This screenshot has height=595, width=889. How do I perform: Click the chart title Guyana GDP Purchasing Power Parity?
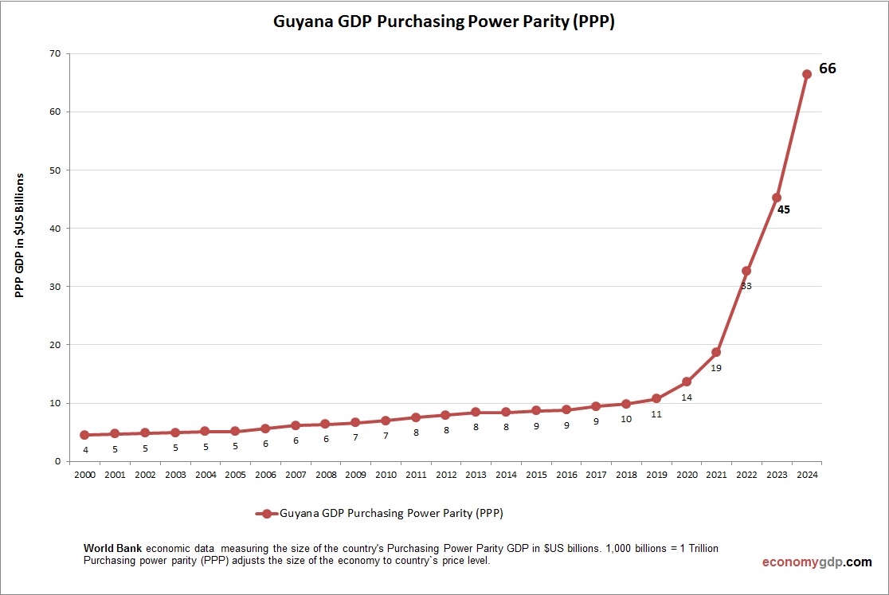pyautogui.click(x=444, y=22)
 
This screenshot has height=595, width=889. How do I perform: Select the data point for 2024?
pyautogui.click(x=806, y=74)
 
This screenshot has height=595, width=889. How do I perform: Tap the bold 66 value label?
pyautogui.click(x=828, y=69)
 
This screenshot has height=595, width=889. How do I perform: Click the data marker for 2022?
pyautogui.click(x=746, y=271)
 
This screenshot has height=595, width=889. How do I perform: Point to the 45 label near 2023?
pyautogui.click(x=783, y=210)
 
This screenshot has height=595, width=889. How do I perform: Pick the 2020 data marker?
pyautogui.click(x=686, y=382)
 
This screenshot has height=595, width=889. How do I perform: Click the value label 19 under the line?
pyautogui.click(x=716, y=368)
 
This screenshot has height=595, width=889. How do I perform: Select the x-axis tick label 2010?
pyautogui.click(x=386, y=475)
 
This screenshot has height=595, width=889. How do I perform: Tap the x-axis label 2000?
pyautogui.click(x=84, y=475)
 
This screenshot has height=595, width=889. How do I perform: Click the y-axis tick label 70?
pyautogui.click(x=56, y=53)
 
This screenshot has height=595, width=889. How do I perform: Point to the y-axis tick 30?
pyautogui.click(x=56, y=287)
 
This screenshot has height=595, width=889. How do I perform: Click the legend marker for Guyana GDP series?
pyautogui.click(x=267, y=513)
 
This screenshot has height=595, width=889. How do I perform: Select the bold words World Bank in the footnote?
pyautogui.click(x=112, y=549)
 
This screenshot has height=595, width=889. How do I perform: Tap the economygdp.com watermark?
pyautogui.click(x=817, y=562)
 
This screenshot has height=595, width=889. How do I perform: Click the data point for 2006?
pyautogui.click(x=265, y=429)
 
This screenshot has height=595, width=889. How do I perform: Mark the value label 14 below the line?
pyautogui.click(x=686, y=397)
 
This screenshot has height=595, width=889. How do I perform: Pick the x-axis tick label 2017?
pyautogui.click(x=596, y=475)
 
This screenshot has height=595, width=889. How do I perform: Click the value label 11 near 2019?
pyautogui.click(x=656, y=414)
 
